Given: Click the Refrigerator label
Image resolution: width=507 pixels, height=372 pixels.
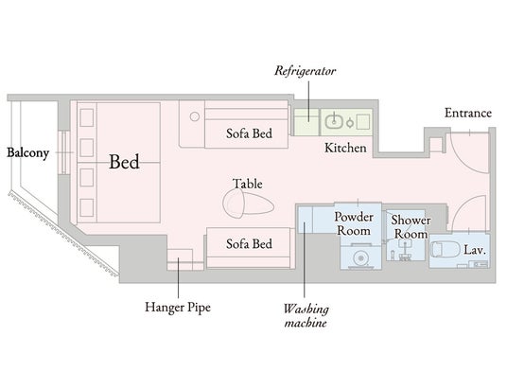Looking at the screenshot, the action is (306, 71).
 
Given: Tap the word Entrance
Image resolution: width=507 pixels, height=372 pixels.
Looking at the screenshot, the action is (468, 113).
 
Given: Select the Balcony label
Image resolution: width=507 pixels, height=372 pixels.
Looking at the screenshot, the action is (28, 153).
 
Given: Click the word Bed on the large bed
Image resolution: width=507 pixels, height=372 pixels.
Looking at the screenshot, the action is (124, 162).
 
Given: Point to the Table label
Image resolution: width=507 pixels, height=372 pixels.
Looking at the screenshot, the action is (248, 184).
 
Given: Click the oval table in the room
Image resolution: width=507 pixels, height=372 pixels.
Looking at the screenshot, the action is (248, 204).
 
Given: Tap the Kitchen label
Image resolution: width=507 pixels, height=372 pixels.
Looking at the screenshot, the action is (345, 148).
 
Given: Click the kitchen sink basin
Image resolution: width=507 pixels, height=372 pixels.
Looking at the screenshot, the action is (334, 121).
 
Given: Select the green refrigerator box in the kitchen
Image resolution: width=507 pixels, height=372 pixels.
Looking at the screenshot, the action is (306, 122).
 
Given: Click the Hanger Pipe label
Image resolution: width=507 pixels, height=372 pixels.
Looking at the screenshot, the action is (178, 307).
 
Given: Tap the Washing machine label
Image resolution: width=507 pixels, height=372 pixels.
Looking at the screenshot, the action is (306, 315).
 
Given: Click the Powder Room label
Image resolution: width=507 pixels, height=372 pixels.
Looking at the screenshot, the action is (354, 223).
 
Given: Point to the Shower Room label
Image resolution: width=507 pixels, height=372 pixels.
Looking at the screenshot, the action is (411, 227).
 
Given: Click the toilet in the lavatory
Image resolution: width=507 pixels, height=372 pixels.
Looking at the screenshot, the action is (445, 249).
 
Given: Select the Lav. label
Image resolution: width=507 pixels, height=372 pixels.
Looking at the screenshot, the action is (475, 250).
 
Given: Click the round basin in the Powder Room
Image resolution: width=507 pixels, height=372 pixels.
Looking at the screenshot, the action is (360, 257).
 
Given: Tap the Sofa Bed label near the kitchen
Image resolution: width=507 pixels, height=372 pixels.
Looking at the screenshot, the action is (249, 133).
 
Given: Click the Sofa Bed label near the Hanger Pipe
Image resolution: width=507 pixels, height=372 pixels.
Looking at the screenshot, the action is (249, 244).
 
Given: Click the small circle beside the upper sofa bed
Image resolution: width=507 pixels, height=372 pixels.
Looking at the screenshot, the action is (194, 116).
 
